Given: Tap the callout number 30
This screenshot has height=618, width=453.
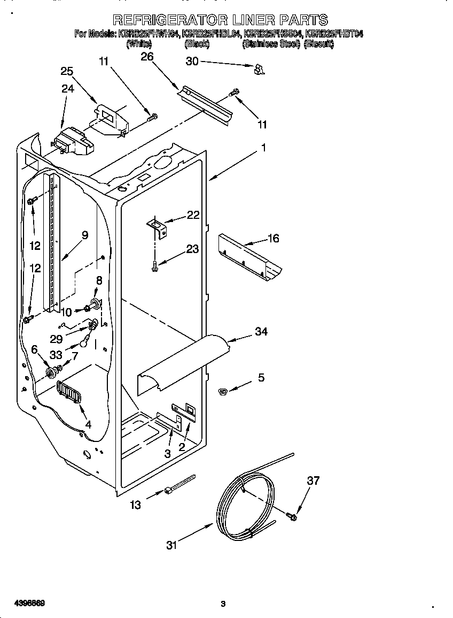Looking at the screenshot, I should click(x=192, y=62).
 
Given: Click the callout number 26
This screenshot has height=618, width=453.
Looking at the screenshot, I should click(x=147, y=57).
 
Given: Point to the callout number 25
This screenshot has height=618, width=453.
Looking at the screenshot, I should click(x=67, y=71).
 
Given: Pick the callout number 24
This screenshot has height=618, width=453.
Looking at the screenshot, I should click(x=68, y=89).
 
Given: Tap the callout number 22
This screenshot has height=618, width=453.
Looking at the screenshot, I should click(x=193, y=215).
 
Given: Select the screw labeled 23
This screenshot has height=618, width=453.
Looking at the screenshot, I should click(x=154, y=263).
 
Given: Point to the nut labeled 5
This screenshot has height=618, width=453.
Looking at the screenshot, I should click(x=223, y=392).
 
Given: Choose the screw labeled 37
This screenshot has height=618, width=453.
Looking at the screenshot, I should click(x=292, y=516).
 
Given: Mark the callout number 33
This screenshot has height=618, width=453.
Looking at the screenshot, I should click(x=56, y=354).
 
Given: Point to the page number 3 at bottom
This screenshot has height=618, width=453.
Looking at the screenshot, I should click(x=223, y=604).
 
